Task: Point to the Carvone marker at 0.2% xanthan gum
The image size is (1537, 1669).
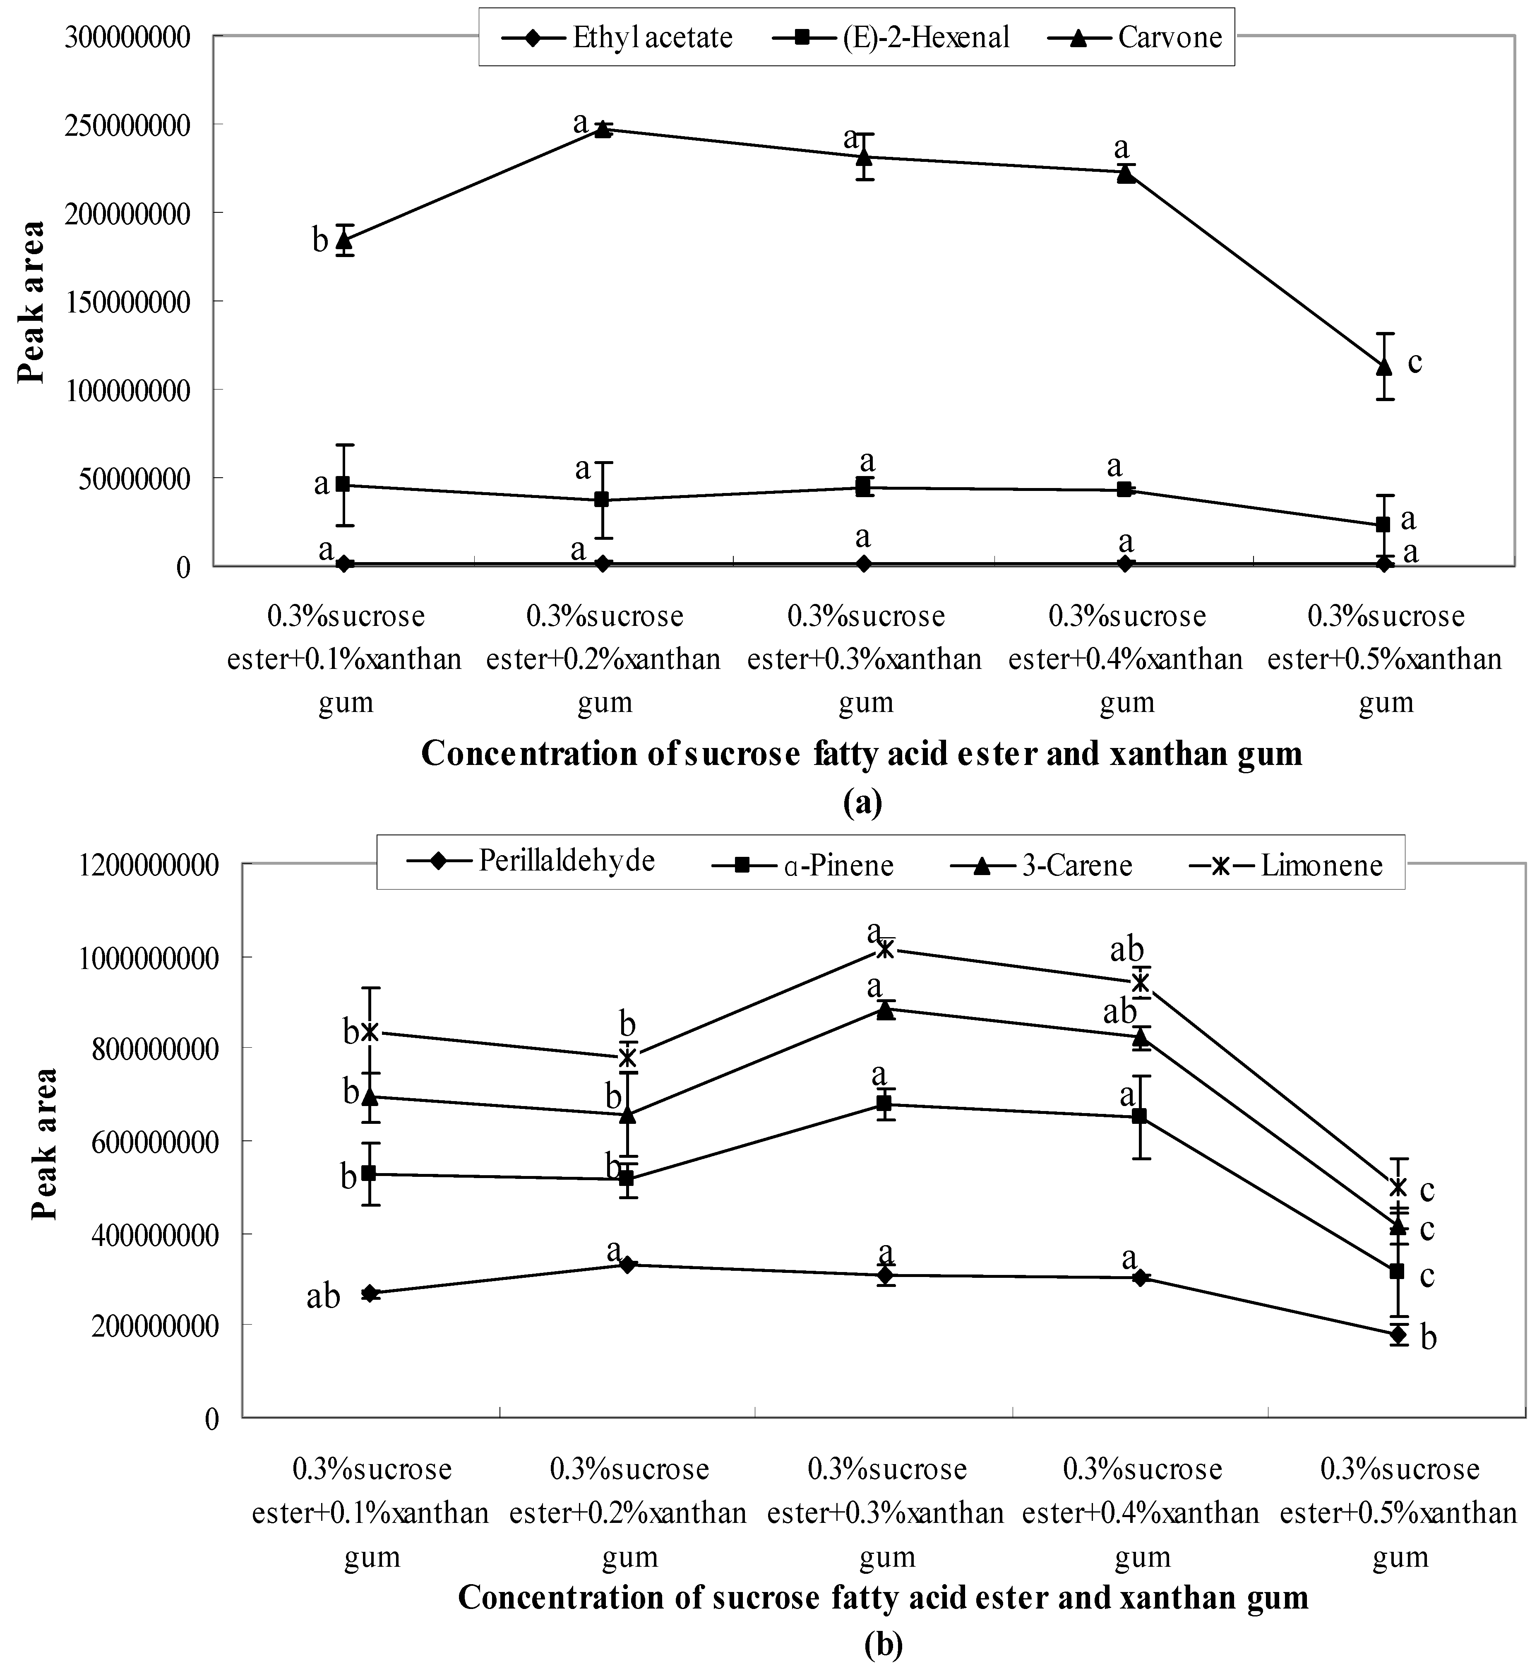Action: point(604,129)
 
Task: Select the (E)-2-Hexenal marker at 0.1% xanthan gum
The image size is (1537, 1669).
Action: point(343,484)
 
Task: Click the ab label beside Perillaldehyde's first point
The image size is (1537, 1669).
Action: point(324,1296)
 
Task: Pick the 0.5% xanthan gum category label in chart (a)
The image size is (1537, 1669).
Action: point(1386,659)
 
